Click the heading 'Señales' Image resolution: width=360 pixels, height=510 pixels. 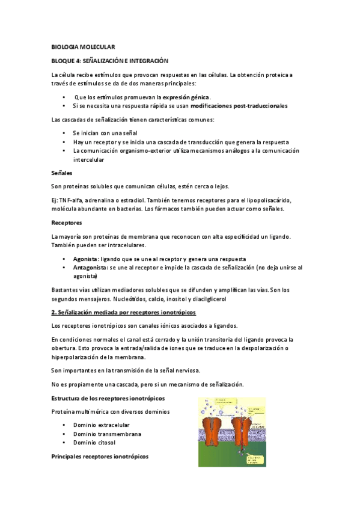pos(62,173)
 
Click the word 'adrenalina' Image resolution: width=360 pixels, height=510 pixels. pos(109,200)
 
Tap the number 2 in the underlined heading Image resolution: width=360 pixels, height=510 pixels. pos(53,313)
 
